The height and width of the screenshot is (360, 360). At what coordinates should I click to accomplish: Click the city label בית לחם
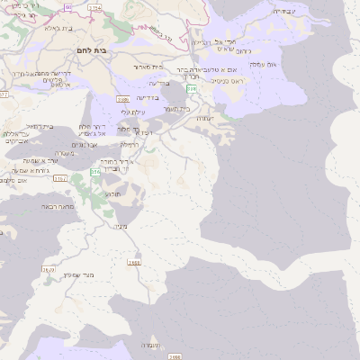pos(93,50)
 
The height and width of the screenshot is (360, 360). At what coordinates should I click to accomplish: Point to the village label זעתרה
pos(205,117)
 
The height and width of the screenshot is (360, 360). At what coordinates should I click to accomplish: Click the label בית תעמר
pos(177,109)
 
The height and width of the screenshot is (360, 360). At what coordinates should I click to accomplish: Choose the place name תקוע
pos(113,193)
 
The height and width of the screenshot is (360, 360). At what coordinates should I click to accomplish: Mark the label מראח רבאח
pos(56,206)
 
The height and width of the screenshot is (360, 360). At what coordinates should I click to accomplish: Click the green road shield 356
pos(94,171)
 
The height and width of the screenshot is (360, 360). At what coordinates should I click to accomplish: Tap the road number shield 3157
pos(60,179)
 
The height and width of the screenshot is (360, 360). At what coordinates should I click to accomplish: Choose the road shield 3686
pos(122,99)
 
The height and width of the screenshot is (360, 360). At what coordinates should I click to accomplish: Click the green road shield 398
pos(192,89)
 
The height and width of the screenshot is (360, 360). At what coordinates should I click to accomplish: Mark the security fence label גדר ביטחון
pos(160,34)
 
